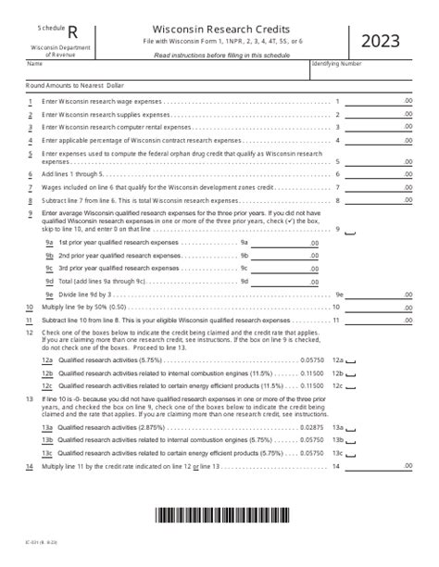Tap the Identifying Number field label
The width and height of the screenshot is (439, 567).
click(339, 64)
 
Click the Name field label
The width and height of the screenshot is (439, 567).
click(34, 64)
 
